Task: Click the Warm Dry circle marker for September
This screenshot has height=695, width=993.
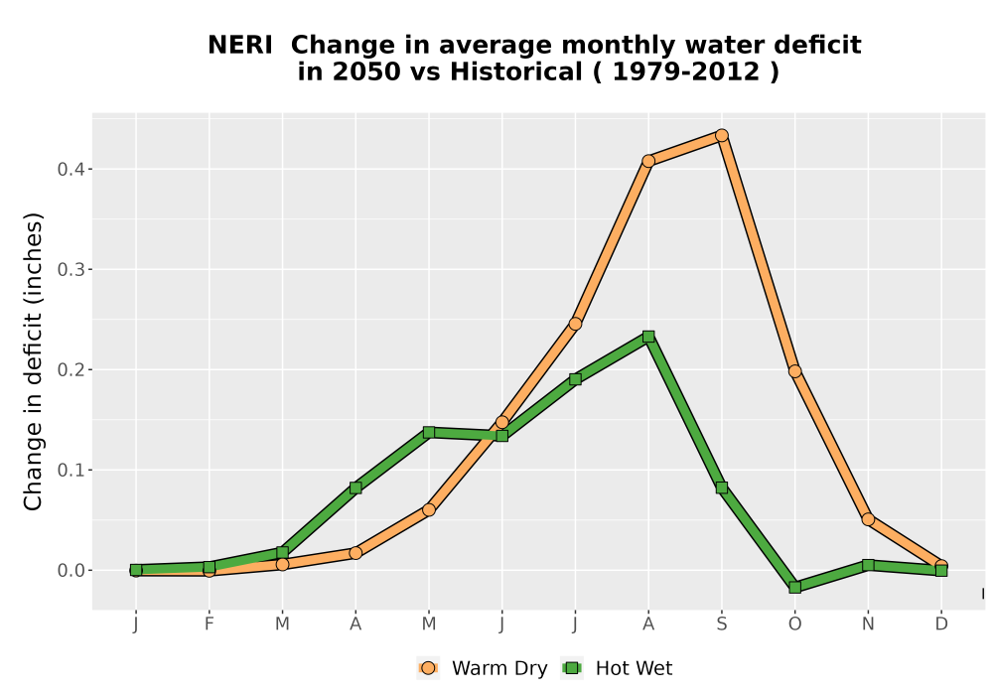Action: click(721, 135)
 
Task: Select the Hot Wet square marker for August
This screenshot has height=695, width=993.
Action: click(647, 337)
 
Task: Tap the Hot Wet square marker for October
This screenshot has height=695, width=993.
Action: click(794, 588)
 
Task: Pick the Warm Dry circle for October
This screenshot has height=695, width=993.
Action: click(794, 371)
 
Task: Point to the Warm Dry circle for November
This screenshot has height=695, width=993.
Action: click(868, 519)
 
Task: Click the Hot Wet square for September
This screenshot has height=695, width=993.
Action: click(721, 487)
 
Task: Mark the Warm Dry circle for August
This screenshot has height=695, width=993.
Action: click(647, 161)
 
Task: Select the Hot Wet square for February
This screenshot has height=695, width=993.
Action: click(209, 567)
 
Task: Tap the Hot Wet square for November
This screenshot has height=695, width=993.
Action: click(868, 565)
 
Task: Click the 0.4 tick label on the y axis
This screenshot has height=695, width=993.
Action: click(71, 169)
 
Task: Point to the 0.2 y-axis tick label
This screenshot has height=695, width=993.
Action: click(71, 369)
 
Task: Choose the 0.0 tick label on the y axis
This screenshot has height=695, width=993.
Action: click(71, 570)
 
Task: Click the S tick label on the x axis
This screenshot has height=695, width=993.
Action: click(721, 625)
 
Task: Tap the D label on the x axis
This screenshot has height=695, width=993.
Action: click(941, 625)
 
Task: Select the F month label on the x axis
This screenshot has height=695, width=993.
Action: click(209, 625)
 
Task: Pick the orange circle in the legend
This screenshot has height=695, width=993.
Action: click(428, 668)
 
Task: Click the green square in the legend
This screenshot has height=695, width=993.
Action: click(573, 668)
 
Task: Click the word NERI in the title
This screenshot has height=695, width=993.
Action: click(240, 46)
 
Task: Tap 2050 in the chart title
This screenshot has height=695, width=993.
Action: click(366, 72)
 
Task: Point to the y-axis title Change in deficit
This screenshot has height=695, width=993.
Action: click(33, 361)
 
